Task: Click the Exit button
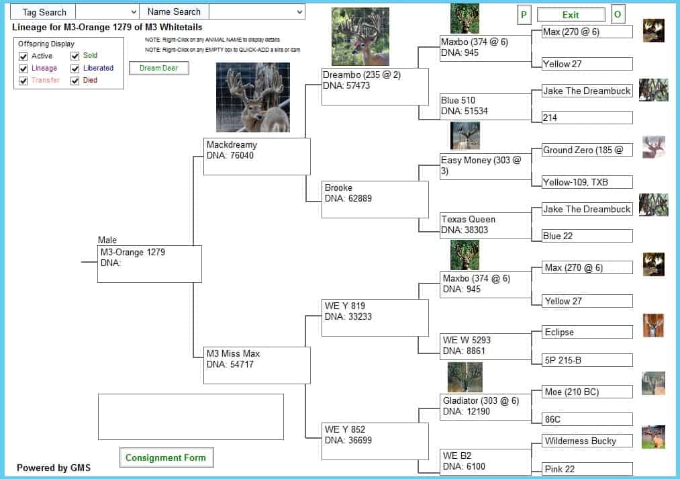click(x=571, y=15)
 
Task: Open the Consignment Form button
click(x=166, y=458)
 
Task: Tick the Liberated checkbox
click(x=75, y=69)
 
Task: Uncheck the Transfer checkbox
click(x=23, y=81)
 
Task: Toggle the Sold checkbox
click(x=75, y=56)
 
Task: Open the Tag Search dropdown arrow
click(x=134, y=12)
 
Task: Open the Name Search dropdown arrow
click(x=299, y=12)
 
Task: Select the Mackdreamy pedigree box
click(x=256, y=156)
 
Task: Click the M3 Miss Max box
click(x=256, y=365)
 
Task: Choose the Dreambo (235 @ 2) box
click(x=375, y=87)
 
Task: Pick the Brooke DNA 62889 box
click(x=375, y=199)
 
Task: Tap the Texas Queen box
click(x=485, y=225)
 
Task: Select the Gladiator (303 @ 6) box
click(x=485, y=406)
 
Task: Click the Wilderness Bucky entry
click(x=587, y=441)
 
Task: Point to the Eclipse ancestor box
click(x=587, y=332)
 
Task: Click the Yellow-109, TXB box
click(x=587, y=182)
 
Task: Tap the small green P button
click(x=524, y=15)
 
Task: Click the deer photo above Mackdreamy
click(x=253, y=97)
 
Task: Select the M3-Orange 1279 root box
click(x=150, y=264)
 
